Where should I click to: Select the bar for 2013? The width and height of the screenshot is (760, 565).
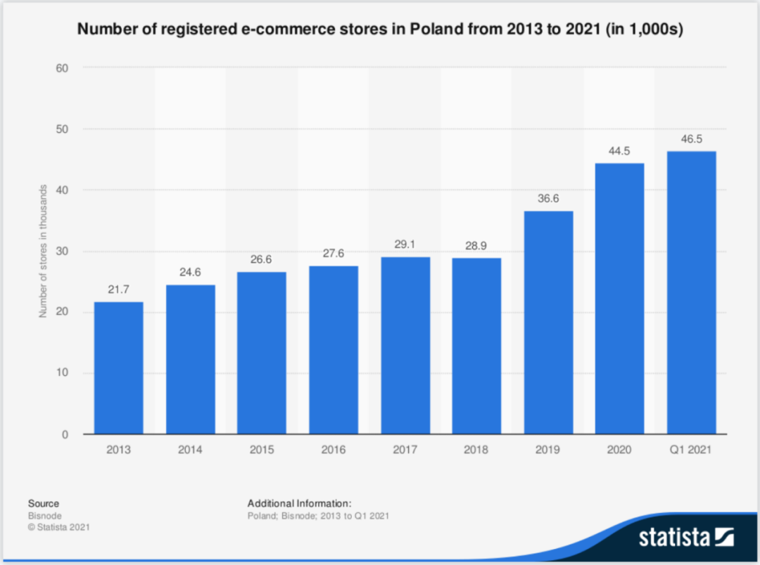coord(118,368)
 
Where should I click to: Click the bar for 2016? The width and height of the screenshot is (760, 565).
coord(333,349)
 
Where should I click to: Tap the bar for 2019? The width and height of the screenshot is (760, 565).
coord(548,322)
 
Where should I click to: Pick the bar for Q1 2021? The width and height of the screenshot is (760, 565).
coord(692,292)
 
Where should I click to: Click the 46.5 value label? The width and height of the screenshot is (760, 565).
coord(692,139)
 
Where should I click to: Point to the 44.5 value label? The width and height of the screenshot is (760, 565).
coord(620,151)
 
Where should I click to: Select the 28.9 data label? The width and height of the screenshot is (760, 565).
coord(476,247)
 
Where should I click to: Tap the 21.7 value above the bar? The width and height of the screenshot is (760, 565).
coord(118,290)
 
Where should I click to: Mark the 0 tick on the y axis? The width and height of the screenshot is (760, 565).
coord(65,435)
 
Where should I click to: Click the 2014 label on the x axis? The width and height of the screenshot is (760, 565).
coord(190,450)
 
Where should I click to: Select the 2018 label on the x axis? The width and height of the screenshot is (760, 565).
coord(476,450)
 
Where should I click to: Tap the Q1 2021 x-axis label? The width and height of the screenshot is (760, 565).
coord(692,450)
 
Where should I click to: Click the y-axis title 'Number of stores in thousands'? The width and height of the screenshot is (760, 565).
coord(43,251)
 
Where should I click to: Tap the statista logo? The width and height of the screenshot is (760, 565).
coord(686,538)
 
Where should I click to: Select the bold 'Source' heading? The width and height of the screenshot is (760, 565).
coord(44,503)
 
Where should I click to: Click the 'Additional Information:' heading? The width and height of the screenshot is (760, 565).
coord(299,503)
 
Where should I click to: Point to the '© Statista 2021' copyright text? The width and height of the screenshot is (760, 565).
coord(59,526)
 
